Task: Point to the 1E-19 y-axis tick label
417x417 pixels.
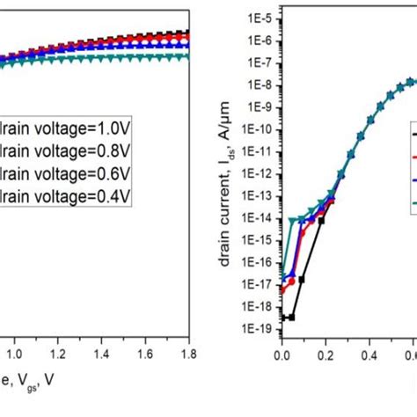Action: click(256, 335)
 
